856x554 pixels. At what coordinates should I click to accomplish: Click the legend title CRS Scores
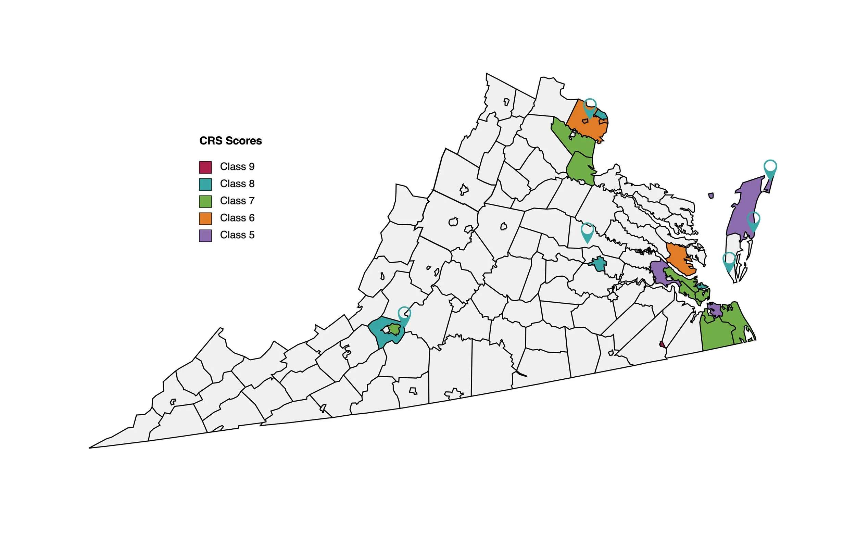(x=230, y=141)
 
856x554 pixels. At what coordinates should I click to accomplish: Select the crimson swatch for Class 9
(x=205, y=167)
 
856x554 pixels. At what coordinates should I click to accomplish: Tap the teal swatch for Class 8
(x=205, y=184)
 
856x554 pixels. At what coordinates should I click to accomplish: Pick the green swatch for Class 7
(x=205, y=201)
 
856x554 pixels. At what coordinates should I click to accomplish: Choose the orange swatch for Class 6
(x=205, y=218)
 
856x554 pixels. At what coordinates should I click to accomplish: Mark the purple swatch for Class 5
(x=205, y=236)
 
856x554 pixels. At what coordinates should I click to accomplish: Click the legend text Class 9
(x=237, y=166)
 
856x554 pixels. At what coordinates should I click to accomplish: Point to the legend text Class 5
(x=237, y=235)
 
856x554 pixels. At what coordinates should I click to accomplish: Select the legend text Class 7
(x=237, y=201)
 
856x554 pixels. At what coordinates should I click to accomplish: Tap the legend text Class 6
(x=237, y=218)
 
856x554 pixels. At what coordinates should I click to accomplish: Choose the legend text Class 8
(x=237, y=184)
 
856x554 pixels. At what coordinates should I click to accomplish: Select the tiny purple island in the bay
(x=711, y=196)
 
